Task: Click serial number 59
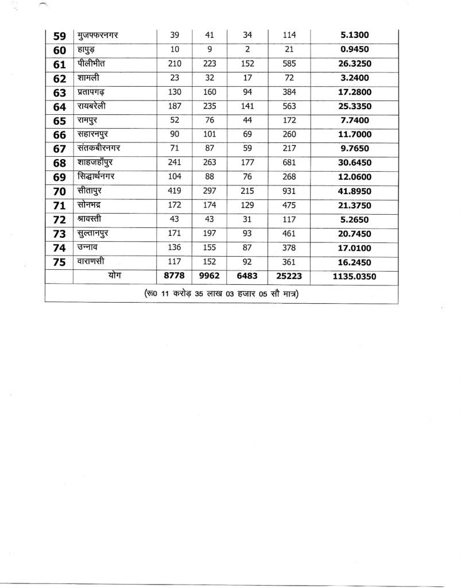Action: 60,36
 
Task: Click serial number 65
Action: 60,121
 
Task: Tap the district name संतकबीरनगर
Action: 102,149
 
